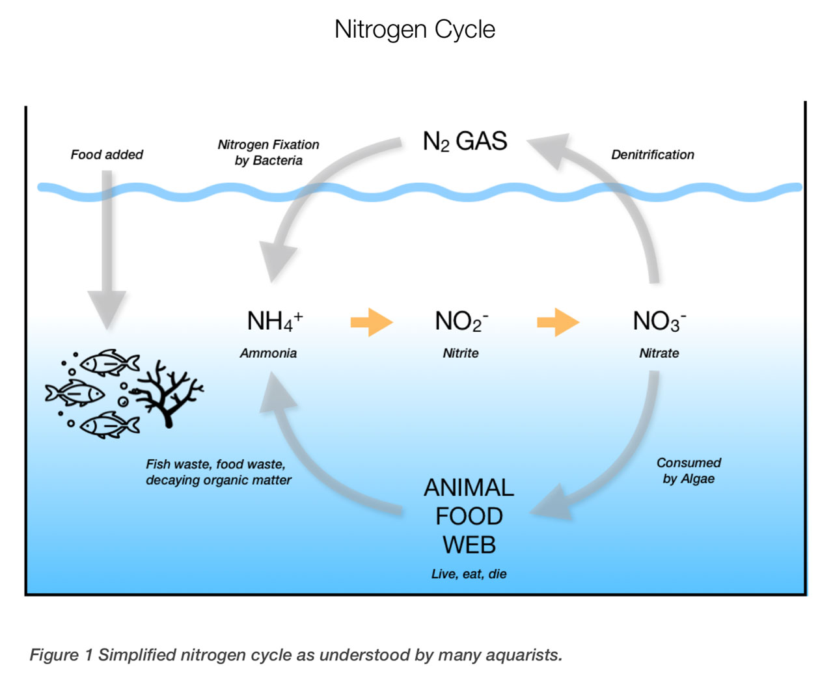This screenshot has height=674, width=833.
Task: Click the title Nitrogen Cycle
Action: pos(415,29)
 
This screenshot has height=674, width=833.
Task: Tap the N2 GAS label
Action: pos(465,141)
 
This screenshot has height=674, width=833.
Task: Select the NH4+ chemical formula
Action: pos(274,321)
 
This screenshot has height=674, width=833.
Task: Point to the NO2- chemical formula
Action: pos(461,321)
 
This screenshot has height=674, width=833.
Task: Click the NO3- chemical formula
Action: pos(659,321)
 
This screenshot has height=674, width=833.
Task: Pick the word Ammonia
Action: pos(268,353)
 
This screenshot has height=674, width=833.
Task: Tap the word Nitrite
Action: pos(461,353)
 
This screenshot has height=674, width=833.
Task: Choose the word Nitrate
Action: pos(659,353)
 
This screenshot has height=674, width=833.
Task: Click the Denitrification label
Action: pos(652,155)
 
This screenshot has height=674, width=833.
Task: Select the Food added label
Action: pos(107,155)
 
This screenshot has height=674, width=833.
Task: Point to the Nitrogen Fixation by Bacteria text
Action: pos(268,152)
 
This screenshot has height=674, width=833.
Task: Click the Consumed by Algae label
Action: pos(689,470)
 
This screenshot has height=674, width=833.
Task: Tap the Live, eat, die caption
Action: pos(469,574)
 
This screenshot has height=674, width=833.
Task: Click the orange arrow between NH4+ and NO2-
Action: pos(372,321)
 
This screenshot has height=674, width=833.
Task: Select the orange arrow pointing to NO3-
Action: pos(558,321)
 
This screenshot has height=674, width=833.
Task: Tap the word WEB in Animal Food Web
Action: pos(469,545)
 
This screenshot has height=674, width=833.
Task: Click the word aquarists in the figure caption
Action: pos(521,654)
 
